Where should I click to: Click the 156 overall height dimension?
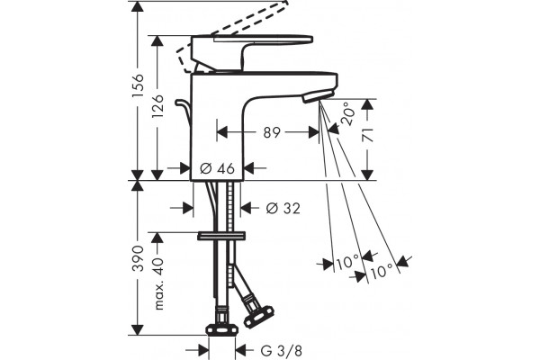point(138,85)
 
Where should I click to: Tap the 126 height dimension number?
point(157,106)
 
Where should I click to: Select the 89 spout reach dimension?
point(272,132)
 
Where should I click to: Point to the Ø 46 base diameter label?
point(217,168)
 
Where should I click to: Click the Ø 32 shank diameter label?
point(283,208)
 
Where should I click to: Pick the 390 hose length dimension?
point(138,258)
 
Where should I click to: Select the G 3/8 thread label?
point(282,351)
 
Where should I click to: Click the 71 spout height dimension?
point(368,135)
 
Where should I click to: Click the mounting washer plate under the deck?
point(221,236)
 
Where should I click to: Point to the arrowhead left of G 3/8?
point(202,350)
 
